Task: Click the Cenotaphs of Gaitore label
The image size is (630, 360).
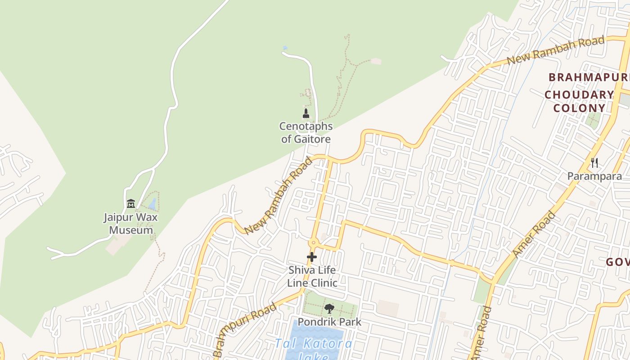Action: click(x=306, y=132)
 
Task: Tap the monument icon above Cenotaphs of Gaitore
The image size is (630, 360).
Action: click(x=306, y=113)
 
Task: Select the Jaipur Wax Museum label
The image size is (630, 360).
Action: click(x=131, y=224)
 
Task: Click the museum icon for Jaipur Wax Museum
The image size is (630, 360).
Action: click(x=131, y=204)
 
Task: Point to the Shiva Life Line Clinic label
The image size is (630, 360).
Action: click(x=312, y=276)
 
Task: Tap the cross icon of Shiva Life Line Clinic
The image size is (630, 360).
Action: click(x=312, y=257)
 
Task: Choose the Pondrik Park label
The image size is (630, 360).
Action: click(x=329, y=322)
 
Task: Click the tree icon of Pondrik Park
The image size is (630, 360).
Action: click(x=329, y=309)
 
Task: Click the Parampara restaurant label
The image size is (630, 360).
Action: click(x=594, y=176)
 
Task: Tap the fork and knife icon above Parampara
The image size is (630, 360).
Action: click(x=594, y=162)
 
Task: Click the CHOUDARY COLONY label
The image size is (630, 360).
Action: click(x=579, y=101)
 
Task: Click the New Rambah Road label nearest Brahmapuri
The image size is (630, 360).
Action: click(x=555, y=50)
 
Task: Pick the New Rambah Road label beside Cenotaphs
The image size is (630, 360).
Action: click(x=278, y=196)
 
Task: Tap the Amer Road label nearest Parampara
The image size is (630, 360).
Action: click(x=534, y=234)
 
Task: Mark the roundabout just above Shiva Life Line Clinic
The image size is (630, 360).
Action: click(x=313, y=243)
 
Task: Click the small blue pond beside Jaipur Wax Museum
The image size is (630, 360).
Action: click(x=153, y=204)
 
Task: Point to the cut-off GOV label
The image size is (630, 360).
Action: click(x=617, y=262)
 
